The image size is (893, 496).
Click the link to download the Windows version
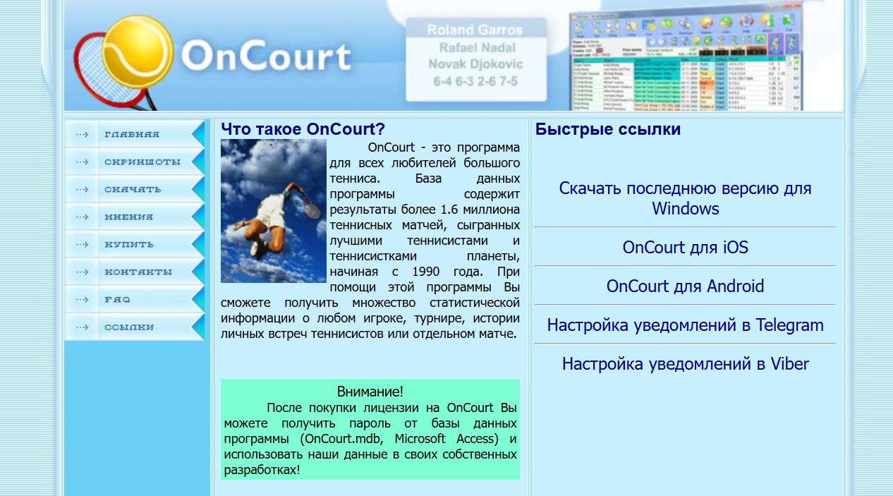pos(685,198)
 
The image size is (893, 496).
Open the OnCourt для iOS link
pos(685,248)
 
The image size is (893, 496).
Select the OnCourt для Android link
pos(685,286)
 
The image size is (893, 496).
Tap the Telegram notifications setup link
pos(685,325)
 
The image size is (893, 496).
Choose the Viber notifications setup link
pos(685,364)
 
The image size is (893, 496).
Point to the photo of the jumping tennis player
pos(274,210)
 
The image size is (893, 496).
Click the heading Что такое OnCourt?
pos(303,129)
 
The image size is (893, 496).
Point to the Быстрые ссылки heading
pos(607,129)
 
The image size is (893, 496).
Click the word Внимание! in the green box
pos(370,392)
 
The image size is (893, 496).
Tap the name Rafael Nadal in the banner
pos(477,48)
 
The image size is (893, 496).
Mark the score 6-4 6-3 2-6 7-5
pos(475,82)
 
